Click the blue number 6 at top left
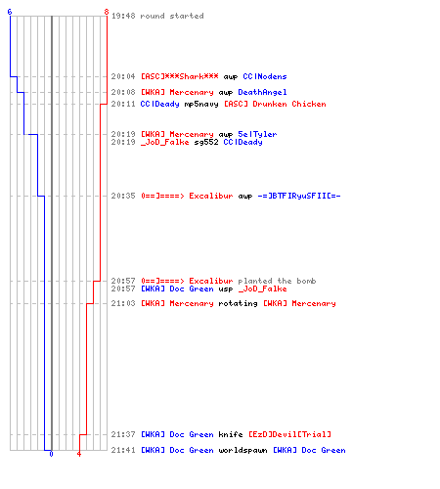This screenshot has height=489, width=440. (x=10, y=12)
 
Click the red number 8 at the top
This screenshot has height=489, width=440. (x=107, y=12)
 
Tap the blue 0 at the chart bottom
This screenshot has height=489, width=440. (x=51, y=454)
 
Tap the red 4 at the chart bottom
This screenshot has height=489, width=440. (x=79, y=454)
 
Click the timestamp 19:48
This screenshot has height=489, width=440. (x=123, y=16)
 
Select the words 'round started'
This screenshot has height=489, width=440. (x=172, y=16)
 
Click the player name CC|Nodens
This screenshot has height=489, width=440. (x=265, y=76)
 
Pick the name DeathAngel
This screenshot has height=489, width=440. (x=262, y=92)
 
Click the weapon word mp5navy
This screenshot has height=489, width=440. (x=201, y=105)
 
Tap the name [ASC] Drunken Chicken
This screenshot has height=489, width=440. (x=275, y=104)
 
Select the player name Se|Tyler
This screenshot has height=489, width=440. (x=257, y=134)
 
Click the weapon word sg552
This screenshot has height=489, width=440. (x=206, y=143)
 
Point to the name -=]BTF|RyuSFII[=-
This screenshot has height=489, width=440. (x=299, y=196)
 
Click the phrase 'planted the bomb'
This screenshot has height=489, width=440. (x=277, y=281)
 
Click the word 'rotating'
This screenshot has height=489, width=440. (x=238, y=303)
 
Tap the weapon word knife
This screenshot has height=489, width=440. (x=231, y=434)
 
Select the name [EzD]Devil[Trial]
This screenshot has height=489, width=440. (x=289, y=434)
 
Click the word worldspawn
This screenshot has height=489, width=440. (x=242, y=450)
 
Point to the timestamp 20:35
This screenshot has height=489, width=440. (x=123, y=196)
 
